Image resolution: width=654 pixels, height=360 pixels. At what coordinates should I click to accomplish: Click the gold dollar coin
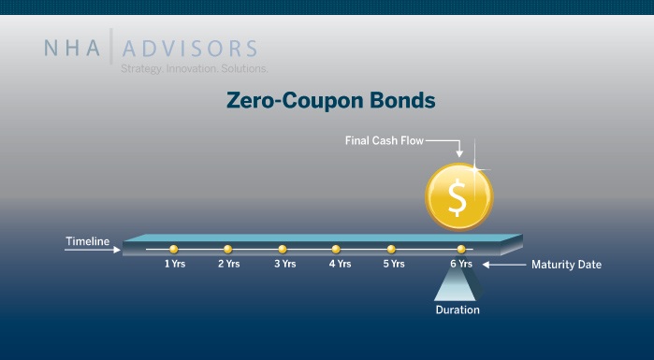click(x=458, y=194)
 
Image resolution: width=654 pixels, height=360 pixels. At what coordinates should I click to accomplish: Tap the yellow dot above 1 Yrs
click(x=173, y=249)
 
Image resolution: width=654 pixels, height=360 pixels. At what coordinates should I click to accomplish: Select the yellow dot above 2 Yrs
click(x=227, y=249)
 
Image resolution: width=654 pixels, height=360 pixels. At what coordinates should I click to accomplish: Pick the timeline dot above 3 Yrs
click(x=282, y=249)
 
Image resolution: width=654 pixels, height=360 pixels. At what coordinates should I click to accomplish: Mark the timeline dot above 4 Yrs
click(x=336, y=249)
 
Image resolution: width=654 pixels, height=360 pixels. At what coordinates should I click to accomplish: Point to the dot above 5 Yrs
click(x=391, y=249)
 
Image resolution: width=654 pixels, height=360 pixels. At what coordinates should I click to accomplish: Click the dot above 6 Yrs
click(x=461, y=249)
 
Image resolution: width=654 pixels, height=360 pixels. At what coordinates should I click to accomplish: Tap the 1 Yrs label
click(x=175, y=265)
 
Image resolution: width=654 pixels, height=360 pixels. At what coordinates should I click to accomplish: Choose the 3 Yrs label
click(x=284, y=265)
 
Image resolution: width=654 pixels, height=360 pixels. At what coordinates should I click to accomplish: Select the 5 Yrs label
click(x=393, y=265)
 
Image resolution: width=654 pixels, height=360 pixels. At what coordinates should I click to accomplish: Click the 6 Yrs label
click(x=461, y=265)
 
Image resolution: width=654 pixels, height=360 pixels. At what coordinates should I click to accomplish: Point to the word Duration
click(x=458, y=310)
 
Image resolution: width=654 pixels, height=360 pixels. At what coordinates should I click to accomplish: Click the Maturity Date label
click(x=566, y=265)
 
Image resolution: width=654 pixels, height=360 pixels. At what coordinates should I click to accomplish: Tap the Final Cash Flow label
click(x=384, y=141)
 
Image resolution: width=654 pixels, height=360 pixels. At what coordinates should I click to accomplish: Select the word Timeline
click(x=87, y=242)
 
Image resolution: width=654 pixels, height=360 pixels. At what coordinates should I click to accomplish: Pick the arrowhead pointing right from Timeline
click(x=117, y=249)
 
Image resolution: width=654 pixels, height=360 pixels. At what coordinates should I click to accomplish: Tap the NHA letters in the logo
click(x=74, y=49)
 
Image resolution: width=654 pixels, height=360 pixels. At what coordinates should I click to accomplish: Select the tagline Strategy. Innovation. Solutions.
click(x=194, y=69)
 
